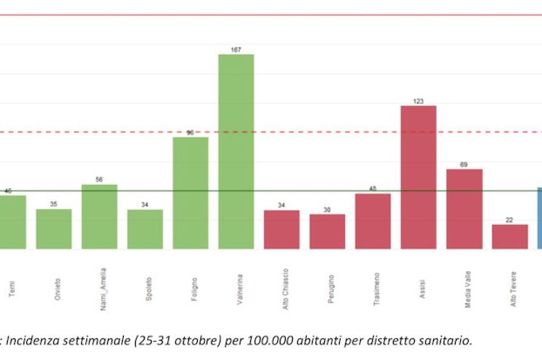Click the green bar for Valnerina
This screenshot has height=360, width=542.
click(x=236, y=151)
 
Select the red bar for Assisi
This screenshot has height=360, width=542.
click(x=418, y=177)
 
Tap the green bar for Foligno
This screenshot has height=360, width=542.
click(x=191, y=193)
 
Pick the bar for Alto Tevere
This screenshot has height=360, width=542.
click(x=510, y=237)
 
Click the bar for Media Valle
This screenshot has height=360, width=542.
click(x=464, y=209)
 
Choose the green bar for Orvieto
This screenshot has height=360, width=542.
click(x=54, y=229)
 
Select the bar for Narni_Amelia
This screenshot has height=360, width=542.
click(x=100, y=217)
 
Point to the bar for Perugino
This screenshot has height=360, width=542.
click(x=327, y=231)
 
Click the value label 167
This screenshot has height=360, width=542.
click(x=236, y=50)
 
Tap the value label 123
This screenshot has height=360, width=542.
click(x=418, y=101)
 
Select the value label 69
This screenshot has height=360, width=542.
click(x=464, y=165)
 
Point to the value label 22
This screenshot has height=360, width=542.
click(x=510, y=220)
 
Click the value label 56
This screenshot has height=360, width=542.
click(x=100, y=180)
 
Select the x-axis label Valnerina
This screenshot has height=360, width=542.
click(x=240, y=289)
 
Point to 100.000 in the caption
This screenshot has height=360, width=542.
click(x=257, y=340)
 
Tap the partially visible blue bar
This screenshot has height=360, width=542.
click(x=539, y=218)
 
